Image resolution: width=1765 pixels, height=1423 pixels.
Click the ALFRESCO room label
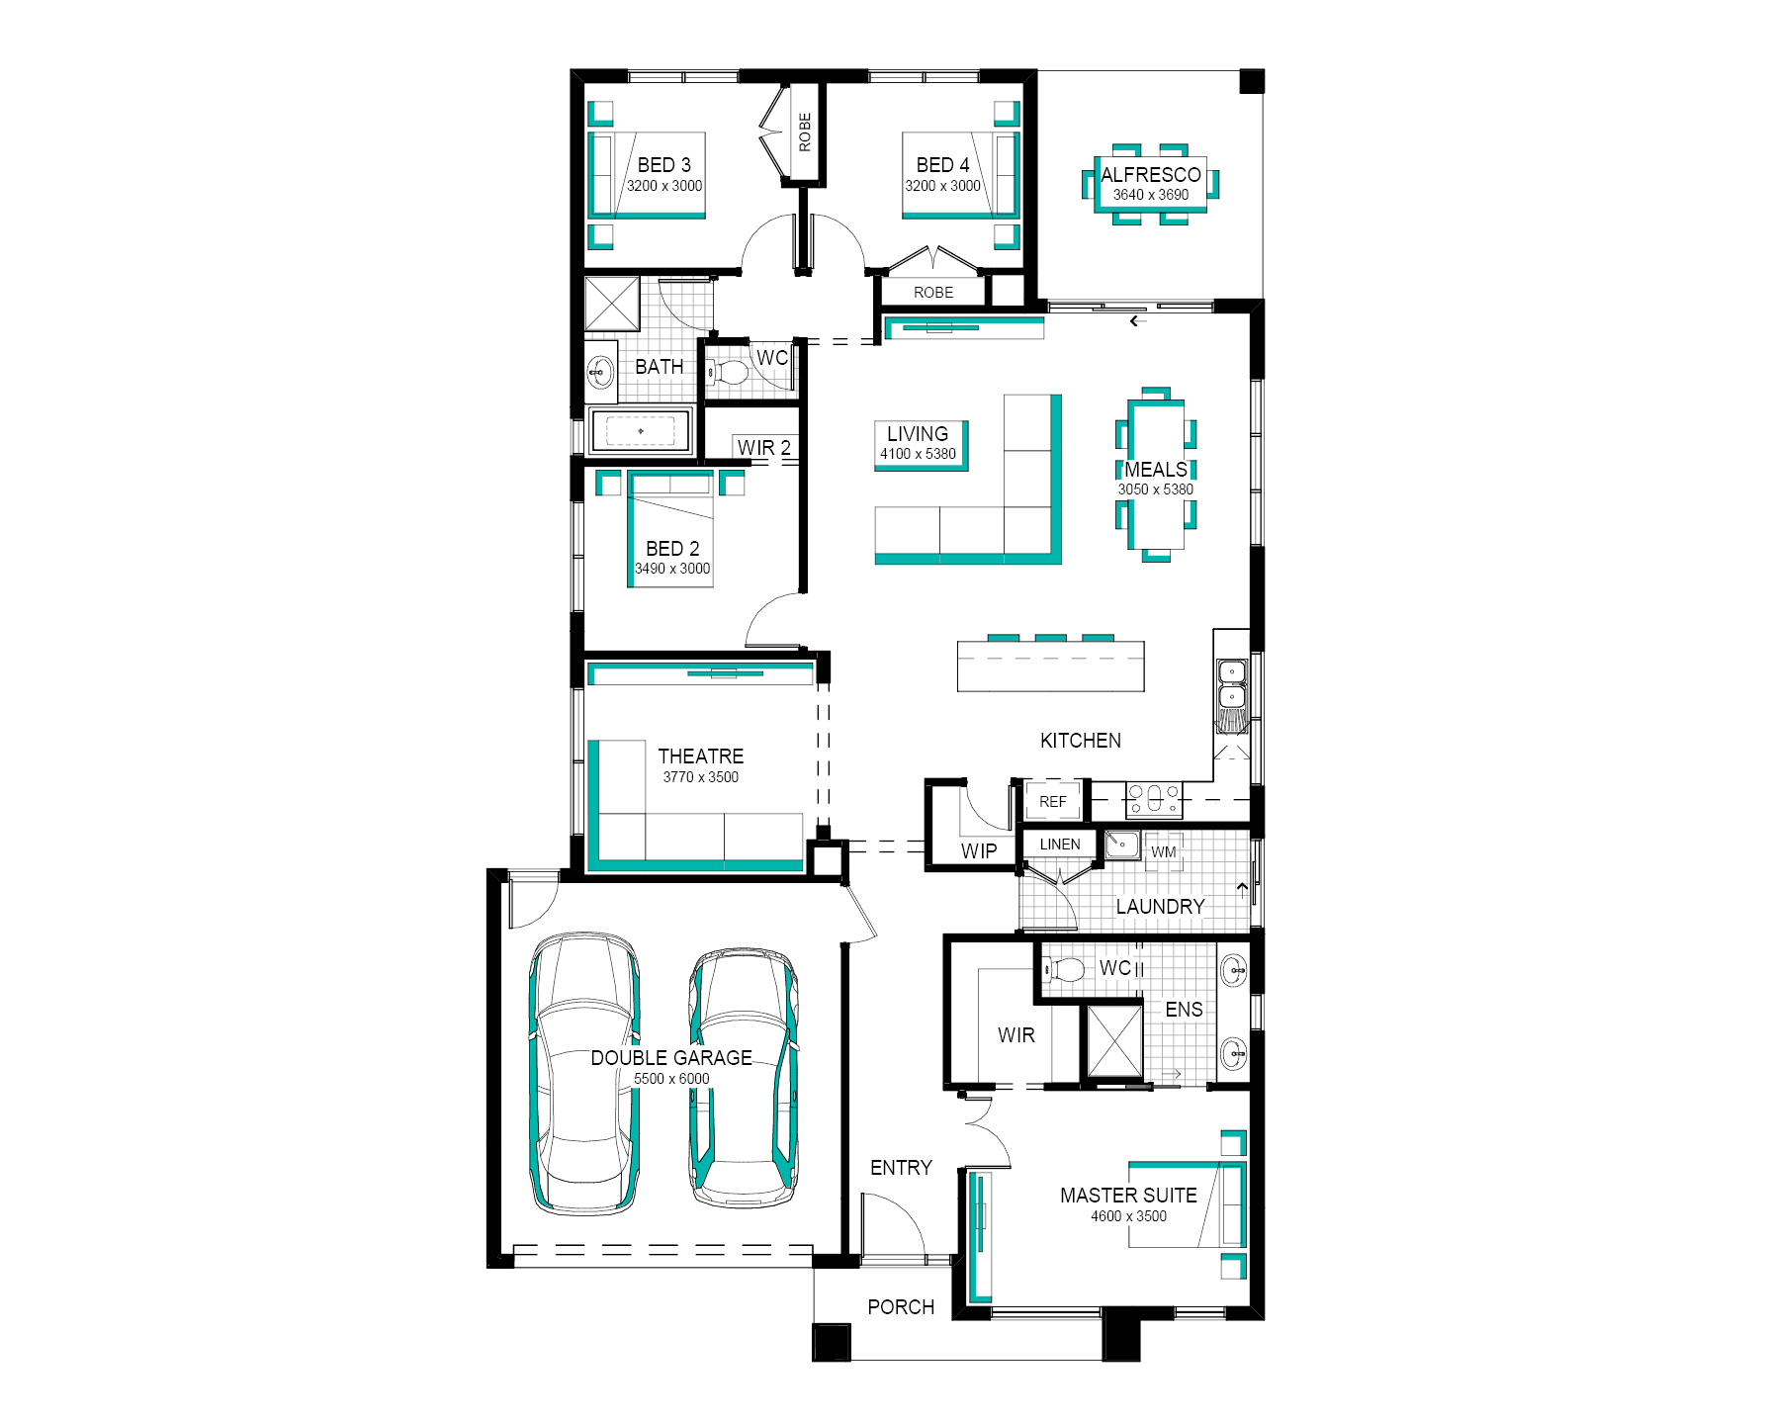point(1151,174)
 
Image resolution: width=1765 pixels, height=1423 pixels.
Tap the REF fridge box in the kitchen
point(1053,801)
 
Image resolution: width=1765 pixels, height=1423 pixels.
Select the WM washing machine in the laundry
point(1164,851)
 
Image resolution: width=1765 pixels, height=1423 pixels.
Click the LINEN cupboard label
point(1060,844)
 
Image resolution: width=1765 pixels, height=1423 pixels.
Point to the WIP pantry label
point(979,850)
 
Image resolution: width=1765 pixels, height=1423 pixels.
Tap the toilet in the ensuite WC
point(1065,969)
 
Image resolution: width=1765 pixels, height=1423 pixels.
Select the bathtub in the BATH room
point(640,431)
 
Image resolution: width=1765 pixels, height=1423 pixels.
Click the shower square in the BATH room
point(612,304)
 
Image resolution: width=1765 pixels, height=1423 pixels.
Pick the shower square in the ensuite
point(1114,1040)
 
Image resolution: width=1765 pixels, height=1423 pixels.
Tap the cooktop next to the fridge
point(1153,799)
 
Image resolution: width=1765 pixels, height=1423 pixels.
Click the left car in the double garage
point(584,1072)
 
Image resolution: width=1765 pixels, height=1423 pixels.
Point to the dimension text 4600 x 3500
point(1128,1216)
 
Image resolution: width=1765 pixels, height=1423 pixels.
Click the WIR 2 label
point(764,448)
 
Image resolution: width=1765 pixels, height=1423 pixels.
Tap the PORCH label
point(901,1307)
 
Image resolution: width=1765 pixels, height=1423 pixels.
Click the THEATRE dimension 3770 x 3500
point(700,777)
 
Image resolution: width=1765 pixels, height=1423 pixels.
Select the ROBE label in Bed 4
point(933,293)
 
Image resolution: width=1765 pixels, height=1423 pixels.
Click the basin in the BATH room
point(599,373)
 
